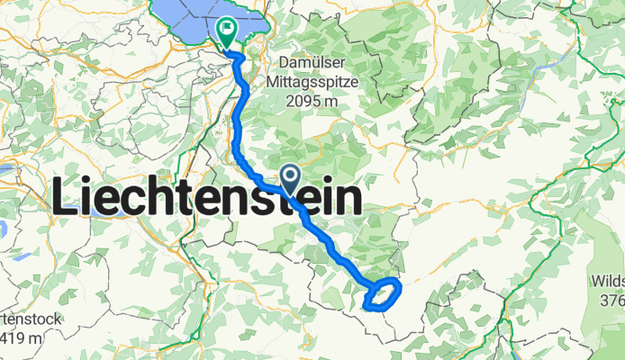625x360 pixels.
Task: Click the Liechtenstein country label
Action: pyautogui.click(x=206, y=196)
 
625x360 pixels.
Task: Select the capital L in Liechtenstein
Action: pyautogui.click(x=67, y=197)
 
